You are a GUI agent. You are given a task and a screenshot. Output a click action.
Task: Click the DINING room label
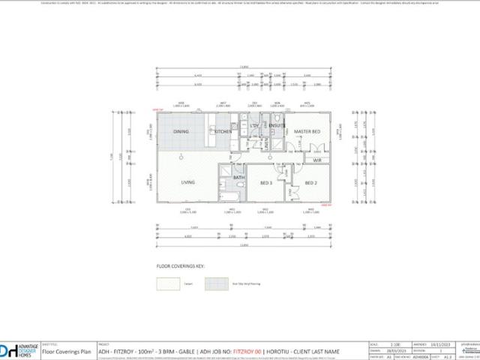click(x=181, y=132)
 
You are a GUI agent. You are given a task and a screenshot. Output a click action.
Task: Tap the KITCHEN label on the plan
click(x=223, y=132)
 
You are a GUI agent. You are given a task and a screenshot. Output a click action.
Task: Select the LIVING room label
click(x=187, y=182)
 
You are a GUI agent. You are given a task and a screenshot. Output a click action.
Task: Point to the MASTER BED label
click(x=307, y=132)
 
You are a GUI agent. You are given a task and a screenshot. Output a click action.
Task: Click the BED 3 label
click(x=265, y=182)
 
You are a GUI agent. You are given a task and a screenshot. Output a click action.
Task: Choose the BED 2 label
click(x=310, y=182)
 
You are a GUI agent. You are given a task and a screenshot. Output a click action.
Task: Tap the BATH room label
click(x=239, y=178)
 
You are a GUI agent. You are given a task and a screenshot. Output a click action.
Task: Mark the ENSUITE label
click(x=277, y=125)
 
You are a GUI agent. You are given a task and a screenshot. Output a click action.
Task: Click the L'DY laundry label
click(x=255, y=125)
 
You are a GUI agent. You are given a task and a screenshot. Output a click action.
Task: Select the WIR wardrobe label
click(x=317, y=160)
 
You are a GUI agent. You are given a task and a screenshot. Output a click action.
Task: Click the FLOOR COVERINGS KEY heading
click(x=180, y=265)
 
